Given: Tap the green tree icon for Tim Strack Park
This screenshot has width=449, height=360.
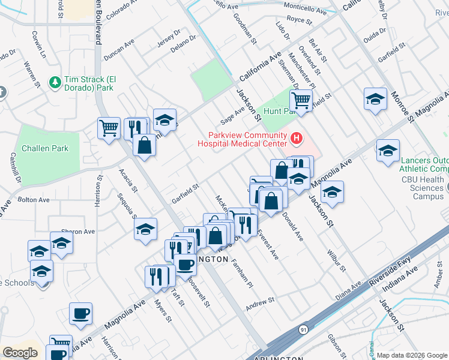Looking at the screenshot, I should click(x=55, y=80).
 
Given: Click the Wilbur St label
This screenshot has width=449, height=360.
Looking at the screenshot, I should click(x=337, y=259).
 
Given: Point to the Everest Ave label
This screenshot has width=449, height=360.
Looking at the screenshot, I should click(x=268, y=245).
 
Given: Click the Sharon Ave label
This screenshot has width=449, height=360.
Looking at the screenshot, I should click(x=78, y=232).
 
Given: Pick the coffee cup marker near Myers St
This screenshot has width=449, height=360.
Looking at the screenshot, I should click(x=80, y=313).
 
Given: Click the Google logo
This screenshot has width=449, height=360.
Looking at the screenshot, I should click(x=20, y=352).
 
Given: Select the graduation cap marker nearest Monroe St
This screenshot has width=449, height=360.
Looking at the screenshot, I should click(x=375, y=99).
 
